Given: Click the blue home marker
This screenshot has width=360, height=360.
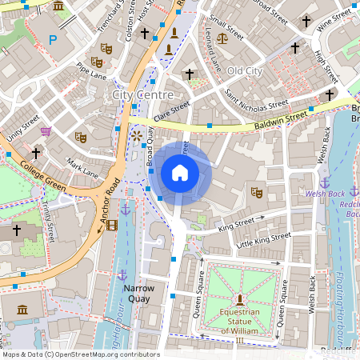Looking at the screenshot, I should coord(180,173).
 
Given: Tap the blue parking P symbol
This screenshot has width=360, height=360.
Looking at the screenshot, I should coord(53,39).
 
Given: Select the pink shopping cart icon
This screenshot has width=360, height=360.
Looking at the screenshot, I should coord(46,131).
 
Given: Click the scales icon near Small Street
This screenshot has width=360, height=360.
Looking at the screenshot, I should coord(222,37).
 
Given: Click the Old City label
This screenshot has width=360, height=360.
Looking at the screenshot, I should coord(244,71).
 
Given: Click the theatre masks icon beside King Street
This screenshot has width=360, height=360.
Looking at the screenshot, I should coord(256,192).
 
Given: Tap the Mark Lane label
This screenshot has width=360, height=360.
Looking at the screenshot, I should coord(83,167).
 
